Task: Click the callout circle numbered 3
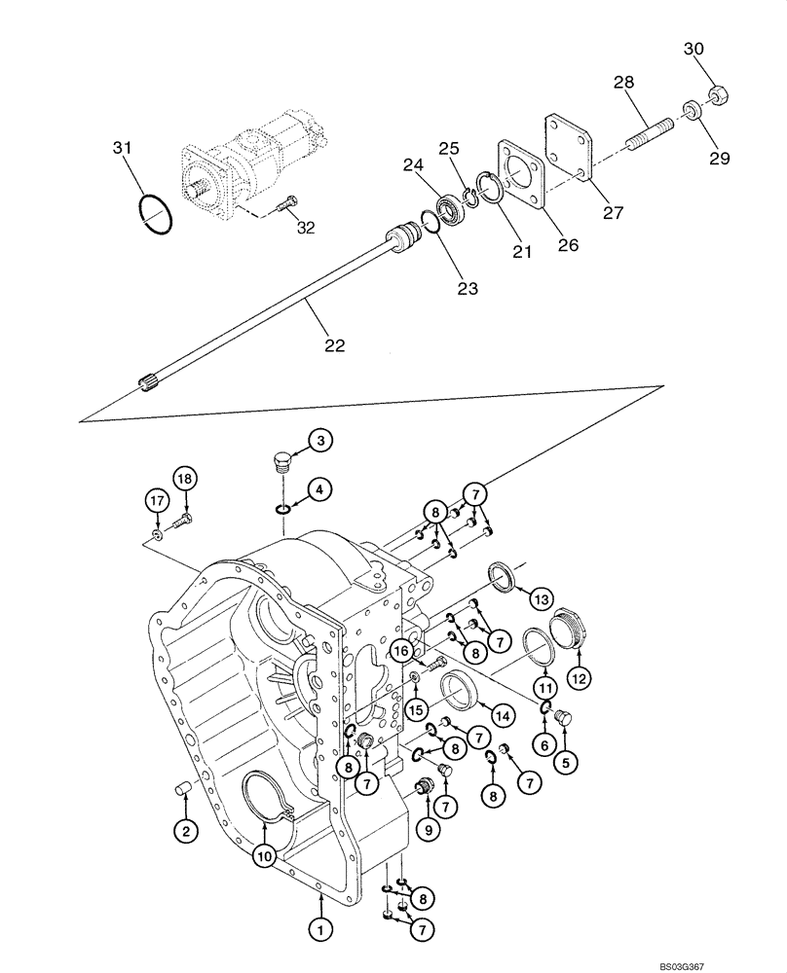coord(322,440)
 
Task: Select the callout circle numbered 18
coord(186,476)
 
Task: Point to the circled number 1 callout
coord(318,929)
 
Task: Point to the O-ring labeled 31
coord(155,213)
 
